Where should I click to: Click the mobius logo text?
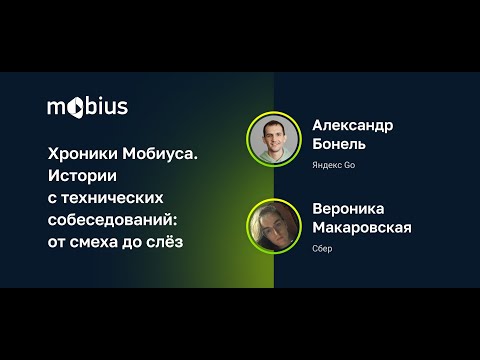point(88,106)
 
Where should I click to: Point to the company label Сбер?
point(322,248)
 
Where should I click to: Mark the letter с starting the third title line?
point(53,194)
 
